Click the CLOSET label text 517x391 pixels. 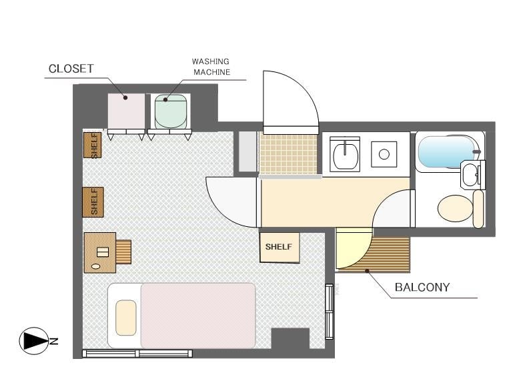[x=71, y=69]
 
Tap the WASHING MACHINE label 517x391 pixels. [x=211, y=67]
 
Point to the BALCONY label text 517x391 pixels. [x=422, y=287]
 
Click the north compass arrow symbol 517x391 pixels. [x=34, y=341]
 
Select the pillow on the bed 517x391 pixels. [x=126, y=318]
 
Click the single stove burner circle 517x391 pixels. [x=384, y=154]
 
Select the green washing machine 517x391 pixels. [x=171, y=111]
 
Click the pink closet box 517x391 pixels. [x=127, y=111]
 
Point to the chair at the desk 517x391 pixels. [x=123, y=252]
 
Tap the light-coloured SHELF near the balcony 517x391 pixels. [x=280, y=248]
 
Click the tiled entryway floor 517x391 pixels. [x=288, y=153]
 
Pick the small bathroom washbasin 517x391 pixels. [x=470, y=175]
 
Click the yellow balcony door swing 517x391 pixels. [x=354, y=248]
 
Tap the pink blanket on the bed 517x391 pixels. [x=198, y=316]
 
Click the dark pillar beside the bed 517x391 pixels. [x=290, y=338]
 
